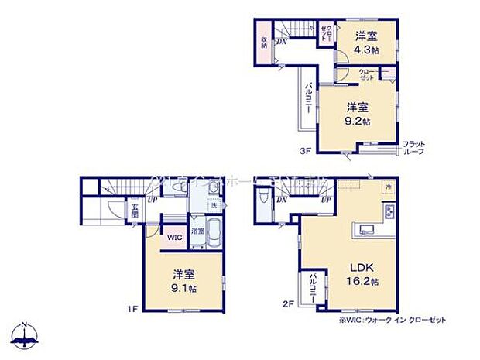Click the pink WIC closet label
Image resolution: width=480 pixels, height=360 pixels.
coord(174,237)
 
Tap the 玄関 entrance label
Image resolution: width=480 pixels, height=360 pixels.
coord(134,211)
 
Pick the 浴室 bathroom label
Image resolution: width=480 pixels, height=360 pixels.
coord(197,230)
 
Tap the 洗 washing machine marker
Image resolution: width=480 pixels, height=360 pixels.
coord(215,205)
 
